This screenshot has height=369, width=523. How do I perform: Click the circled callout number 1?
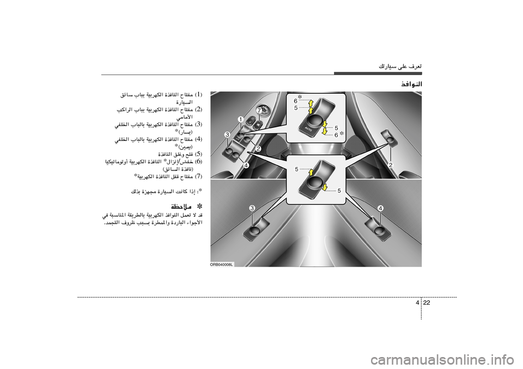click(240, 119)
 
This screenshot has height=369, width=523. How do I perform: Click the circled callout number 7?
click(259, 110)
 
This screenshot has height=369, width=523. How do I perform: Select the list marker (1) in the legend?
click(199, 95)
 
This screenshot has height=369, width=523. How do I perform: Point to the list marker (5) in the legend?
click(199, 154)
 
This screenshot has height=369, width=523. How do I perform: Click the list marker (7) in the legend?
click(199, 176)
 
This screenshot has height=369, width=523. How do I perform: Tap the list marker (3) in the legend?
click(199, 125)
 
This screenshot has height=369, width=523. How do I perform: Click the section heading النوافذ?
click(411, 84)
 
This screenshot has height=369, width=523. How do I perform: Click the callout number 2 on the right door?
click(391, 164)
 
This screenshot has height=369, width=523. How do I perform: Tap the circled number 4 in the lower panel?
click(380, 208)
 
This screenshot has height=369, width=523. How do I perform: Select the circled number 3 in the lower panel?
click(253, 208)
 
